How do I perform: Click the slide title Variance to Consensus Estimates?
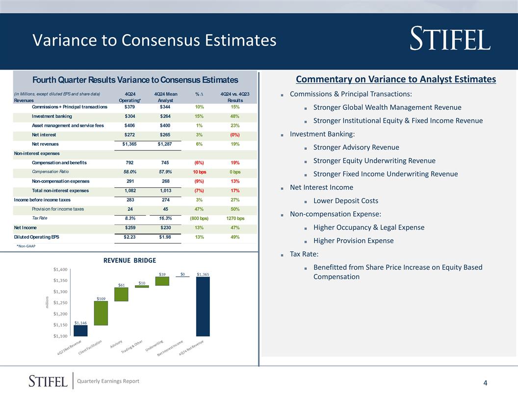pyautogui.click(x=154, y=40)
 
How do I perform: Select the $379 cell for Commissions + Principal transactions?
pyautogui.click(x=130, y=107)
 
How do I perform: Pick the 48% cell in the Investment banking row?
pyautogui.click(x=235, y=116)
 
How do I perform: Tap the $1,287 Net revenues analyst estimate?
pyautogui.click(x=165, y=144)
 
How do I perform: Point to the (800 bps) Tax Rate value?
pyautogui.click(x=199, y=218)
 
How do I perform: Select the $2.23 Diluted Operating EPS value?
pyautogui.click(x=130, y=237)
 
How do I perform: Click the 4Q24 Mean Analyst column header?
pyautogui.click(x=165, y=97)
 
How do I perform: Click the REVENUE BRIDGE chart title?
pyautogui.click(x=129, y=260)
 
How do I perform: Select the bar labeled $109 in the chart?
pyautogui.click(x=101, y=313)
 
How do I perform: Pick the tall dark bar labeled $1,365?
pyautogui.click(x=203, y=306)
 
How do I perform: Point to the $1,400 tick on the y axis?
pyautogui.click(x=61, y=270)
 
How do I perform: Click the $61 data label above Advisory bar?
pyautogui.click(x=121, y=285)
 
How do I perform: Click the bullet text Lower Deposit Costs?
pyautogui.click(x=345, y=200)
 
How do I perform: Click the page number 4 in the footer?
pyautogui.click(x=485, y=383)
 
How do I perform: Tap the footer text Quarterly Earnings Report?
pyautogui.click(x=112, y=381)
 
